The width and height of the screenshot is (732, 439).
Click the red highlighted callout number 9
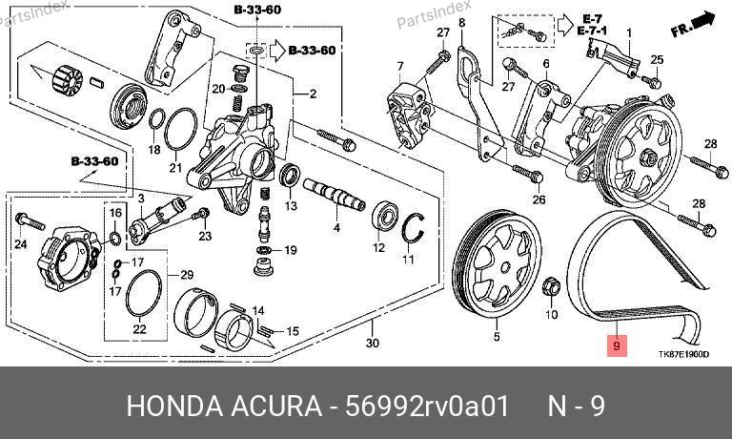[617, 346]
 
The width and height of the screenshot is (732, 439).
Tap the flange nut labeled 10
[551, 285]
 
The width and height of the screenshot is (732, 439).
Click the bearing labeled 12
[385, 219]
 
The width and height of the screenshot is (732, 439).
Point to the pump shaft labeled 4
[334, 195]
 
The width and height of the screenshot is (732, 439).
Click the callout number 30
[372, 343]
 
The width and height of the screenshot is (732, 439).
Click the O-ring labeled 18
[157, 118]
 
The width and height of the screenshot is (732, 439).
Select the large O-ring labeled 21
[180, 129]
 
